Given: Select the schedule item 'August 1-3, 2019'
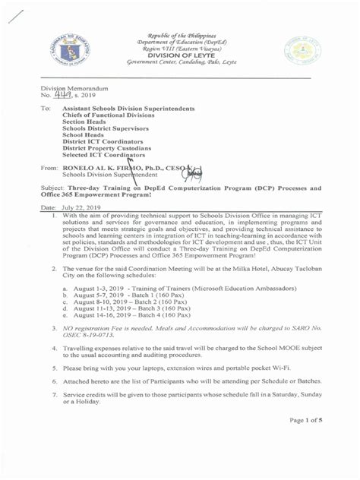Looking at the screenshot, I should (101, 289).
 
